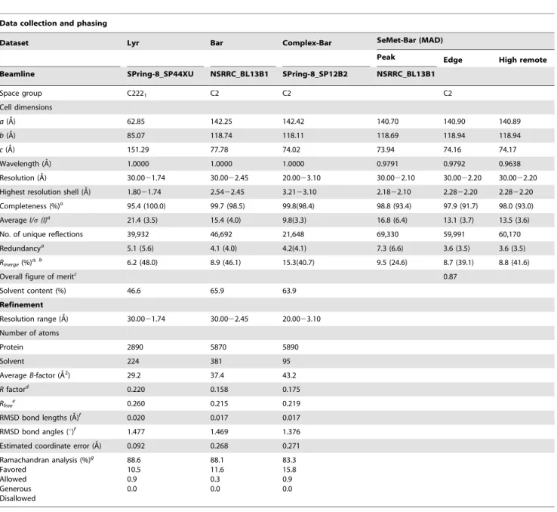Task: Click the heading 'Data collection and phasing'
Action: click(54, 23)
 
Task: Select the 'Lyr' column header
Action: click(133, 43)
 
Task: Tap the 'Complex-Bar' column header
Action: click(307, 43)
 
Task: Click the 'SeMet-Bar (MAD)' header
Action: click(410, 40)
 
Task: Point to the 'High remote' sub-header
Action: click(522, 60)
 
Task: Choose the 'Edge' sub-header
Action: click(453, 60)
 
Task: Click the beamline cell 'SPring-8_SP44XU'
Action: click(160, 74)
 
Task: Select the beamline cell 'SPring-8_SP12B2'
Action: click(315, 74)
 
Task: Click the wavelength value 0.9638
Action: click(509, 164)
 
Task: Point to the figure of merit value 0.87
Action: click(450, 277)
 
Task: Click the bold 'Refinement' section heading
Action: click(21, 305)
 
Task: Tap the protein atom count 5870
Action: click(218, 347)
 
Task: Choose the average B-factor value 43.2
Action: click(289, 375)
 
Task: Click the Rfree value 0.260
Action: click(136, 403)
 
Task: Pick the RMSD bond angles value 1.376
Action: click(291, 432)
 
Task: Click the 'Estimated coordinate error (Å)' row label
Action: click(51, 446)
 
